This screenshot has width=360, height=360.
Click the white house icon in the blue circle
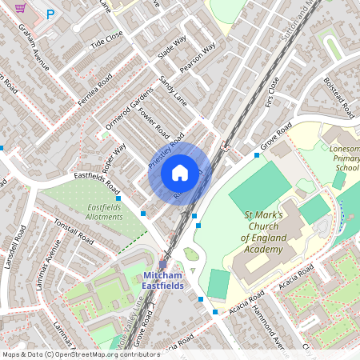[180, 172]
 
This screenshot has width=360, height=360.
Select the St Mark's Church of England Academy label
[263, 232]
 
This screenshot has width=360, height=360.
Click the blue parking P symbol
[51, 14]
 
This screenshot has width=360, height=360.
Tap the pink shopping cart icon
[30, 7]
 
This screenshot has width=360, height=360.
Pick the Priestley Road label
[166, 150]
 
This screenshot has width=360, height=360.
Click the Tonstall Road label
[74, 232]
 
